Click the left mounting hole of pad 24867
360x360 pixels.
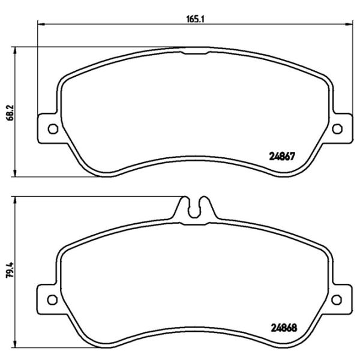coord(52,128)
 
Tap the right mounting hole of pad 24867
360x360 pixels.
coord(337,128)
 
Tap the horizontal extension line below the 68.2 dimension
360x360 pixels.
coord(60,177)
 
